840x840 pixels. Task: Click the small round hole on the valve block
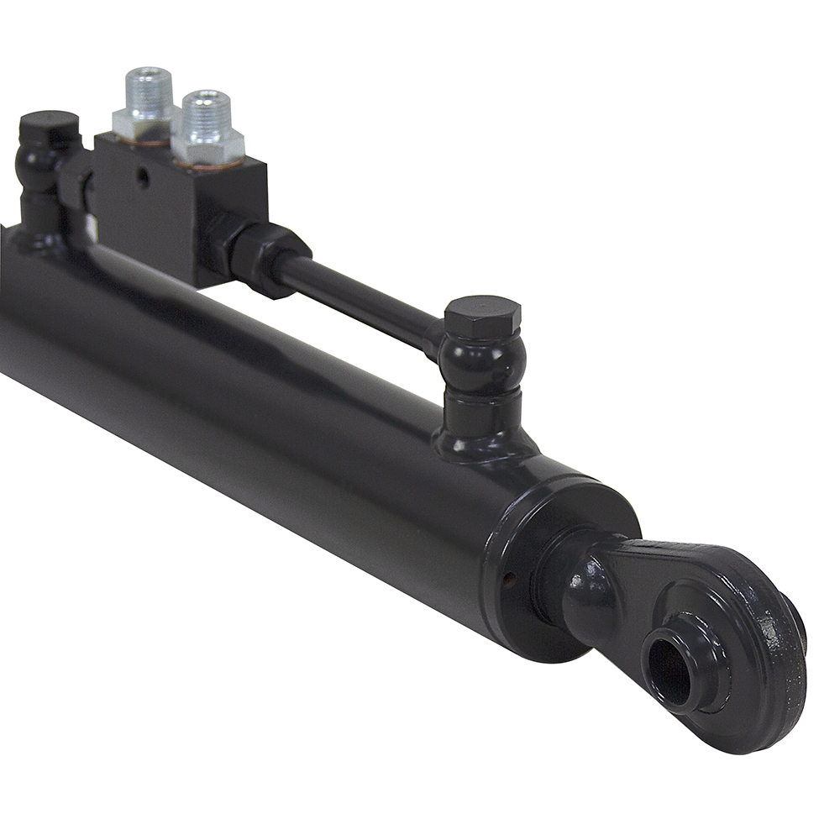click(x=143, y=177)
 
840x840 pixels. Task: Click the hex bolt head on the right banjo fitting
click(x=482, y=316)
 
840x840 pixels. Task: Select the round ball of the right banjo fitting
click(x=483, y=361)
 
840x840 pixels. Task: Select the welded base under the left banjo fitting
click(x=38, y=235)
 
